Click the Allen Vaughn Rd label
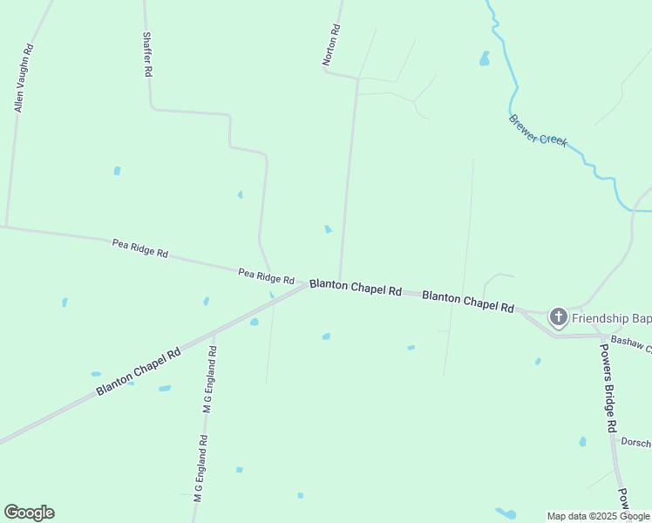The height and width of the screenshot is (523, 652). click(x=24, y=78)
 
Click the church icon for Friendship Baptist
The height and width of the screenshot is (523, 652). click(x=558, y=318)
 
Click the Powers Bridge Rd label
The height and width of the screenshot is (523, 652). click(x=608, y=387)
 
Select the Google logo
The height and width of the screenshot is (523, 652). click(x=29, y=513)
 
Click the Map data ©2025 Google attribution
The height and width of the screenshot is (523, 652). click(x=599, y=516)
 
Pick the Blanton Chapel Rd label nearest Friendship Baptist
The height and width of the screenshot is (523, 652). click(x=468, y=302)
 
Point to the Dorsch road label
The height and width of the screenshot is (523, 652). click(x=636, y=442)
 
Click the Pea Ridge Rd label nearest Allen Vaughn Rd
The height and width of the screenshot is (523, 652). click(x=139, y=248)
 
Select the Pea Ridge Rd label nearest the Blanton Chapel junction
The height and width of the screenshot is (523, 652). click(x=266, y=276)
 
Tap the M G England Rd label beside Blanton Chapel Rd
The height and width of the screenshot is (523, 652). click(x=208, y=380)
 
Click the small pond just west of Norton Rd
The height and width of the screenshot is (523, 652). click(x=328, y=229)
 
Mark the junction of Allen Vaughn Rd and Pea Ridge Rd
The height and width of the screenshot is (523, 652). click(x=6, y=227)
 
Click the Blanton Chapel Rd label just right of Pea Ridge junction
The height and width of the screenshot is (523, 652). click(x=356, y=287)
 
